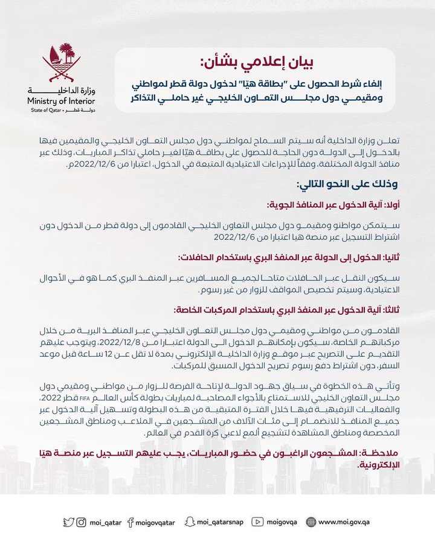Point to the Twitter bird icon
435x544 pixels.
pyautogui.click(x=69, y=522)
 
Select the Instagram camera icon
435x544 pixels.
pyautogui.click(x=81, y=522)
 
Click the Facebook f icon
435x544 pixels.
pyautogui.click(x=131, y=522)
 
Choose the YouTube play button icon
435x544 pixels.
pyautogui.click(x=257, y=522)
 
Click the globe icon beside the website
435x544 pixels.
pyautogui.click(x=311, y=522)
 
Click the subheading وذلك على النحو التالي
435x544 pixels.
pyautogui.click(x=348, y=183)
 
